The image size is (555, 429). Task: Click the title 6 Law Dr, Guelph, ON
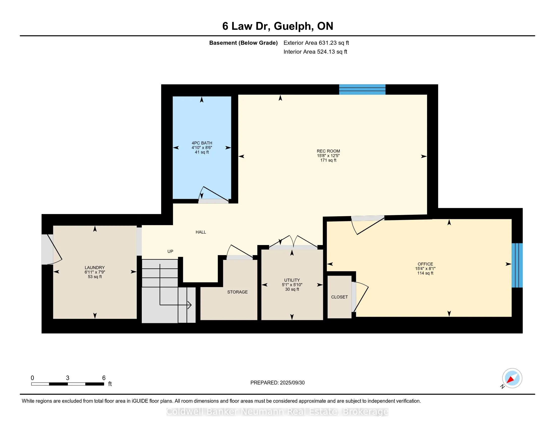[x=278, y=26]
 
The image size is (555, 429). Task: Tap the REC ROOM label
[x=328, y=151]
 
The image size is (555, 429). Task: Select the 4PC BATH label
[x=202, y=143]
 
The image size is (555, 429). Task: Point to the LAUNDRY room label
[x=95, y=267]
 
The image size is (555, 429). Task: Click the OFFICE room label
[x=425, y=264]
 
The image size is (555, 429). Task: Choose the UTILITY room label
[x=292, y=280]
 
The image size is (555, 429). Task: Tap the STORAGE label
[x=237, y=292]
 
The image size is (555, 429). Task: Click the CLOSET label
[x=340, y=297]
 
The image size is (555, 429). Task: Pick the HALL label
[x=201, y=232]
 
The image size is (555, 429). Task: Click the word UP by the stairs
[x=170, y=251]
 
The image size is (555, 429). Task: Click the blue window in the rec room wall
[x=362, y=90]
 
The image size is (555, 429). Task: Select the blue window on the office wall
[x=517, y=265]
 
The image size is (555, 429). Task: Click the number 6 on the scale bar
[x=104, y=378]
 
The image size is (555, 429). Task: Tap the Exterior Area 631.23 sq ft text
[x=316, y=43]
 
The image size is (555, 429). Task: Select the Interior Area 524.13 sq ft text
[x=315, y=51]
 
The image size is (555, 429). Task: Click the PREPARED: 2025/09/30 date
[x=277, y=383]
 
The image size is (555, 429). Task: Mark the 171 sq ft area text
[x=328, y=160]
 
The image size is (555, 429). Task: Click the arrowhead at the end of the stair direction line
[x=189, y=305]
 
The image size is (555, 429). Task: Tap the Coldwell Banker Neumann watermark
[x=277, y=412]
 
